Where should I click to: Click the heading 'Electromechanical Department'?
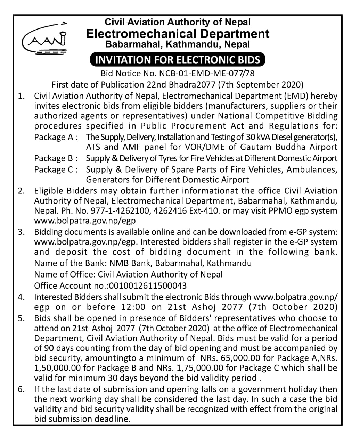point(177,34)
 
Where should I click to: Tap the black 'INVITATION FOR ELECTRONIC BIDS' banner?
point(177,59)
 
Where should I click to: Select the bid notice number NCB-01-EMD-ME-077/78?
point(207,73)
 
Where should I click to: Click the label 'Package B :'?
point(56,158)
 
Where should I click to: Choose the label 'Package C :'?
point(56,170)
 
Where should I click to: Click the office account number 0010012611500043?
point(148,286)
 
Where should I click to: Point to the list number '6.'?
point(22,389)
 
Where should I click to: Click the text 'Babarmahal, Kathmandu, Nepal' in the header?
point(177,44)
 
